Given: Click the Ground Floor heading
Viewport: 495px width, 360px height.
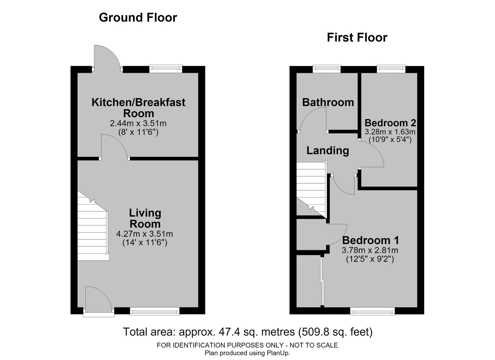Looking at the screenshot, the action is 138,17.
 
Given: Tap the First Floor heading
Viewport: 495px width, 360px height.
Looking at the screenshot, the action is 357,38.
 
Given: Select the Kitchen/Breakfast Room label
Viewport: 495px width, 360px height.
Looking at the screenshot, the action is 138,108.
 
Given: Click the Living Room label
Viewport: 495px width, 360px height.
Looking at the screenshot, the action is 145,218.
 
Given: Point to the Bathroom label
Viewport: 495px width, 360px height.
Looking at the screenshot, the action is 328,102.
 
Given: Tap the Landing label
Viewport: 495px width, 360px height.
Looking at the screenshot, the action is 328,151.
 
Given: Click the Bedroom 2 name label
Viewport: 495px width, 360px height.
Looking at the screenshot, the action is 390,123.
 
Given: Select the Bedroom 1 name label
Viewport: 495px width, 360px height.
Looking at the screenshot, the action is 370,240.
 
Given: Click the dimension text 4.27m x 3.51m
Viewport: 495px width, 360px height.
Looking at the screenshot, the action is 145,234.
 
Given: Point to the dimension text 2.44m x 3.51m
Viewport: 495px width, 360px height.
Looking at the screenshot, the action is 138,123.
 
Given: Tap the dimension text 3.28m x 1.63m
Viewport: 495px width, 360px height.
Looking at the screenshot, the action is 390,132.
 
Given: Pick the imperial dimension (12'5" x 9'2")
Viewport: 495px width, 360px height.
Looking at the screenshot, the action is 370,259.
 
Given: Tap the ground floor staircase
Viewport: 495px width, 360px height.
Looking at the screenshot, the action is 94,226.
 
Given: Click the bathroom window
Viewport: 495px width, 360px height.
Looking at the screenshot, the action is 327,69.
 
